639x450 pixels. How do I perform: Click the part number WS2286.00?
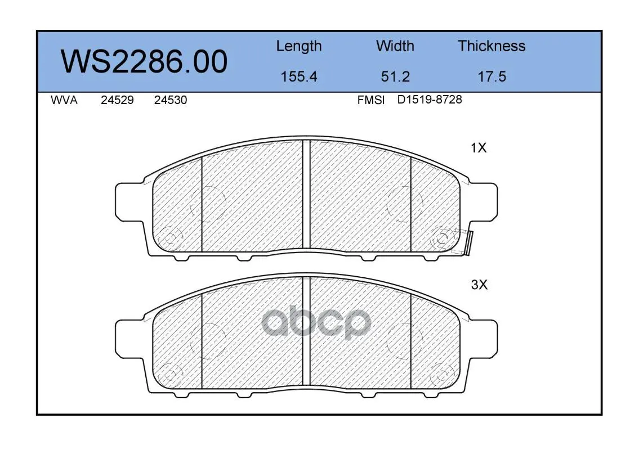pos(144,61)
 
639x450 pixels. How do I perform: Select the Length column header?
pos(299,47)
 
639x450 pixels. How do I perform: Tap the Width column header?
pos(395,46)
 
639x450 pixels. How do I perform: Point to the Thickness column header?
pos(491,46)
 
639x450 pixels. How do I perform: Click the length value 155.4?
pos(299,76)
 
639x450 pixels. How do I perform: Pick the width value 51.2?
pos(395,76)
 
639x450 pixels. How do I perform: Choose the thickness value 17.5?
pos(491,76)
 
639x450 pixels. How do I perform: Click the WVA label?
pos(64,100)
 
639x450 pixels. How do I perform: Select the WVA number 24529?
pos(117,100)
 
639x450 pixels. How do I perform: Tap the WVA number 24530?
pos(171,100)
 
